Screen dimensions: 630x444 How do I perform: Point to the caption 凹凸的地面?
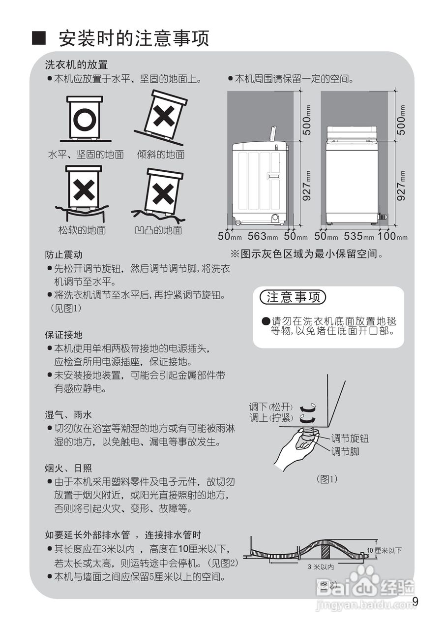coord(158,230)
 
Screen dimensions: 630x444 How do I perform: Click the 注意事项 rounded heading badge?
coord(293,297)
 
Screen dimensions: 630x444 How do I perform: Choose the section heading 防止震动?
coord(63,255)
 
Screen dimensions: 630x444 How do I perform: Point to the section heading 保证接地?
coord(63,335)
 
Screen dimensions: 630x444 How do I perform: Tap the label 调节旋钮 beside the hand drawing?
coord(349,439)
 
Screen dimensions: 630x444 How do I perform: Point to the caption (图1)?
coord(327,479)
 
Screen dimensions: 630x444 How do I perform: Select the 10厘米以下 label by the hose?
coord(384,550)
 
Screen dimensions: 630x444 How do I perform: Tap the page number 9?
coord(415,601)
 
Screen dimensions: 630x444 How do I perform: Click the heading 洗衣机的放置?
coord(76,64)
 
